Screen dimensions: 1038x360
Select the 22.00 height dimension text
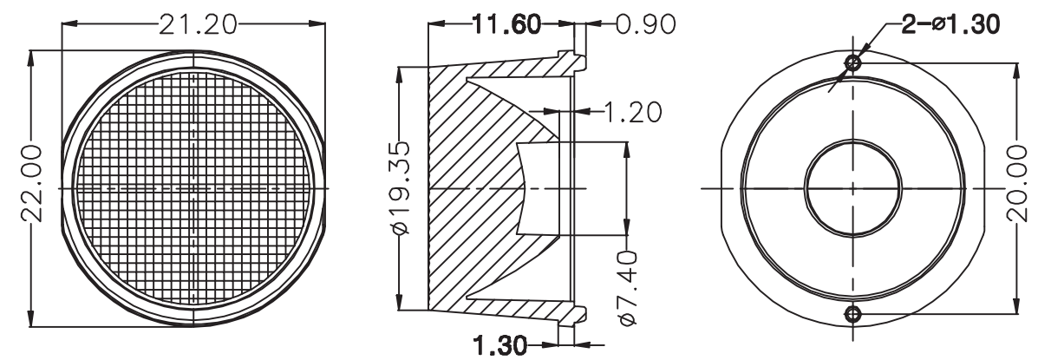[x=32, y=183]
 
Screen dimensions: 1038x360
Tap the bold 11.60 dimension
[x=506, y=24]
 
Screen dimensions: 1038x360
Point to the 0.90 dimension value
[x=645, y=24]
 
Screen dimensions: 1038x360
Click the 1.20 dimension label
[x=632, y=112]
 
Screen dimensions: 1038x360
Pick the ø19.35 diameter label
[x=401, y=187]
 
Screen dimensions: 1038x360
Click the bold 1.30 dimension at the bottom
[x=500, y=344]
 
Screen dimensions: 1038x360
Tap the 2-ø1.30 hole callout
[x=950, y=24]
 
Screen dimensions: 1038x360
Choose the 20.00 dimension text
[x=1017, y=183]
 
